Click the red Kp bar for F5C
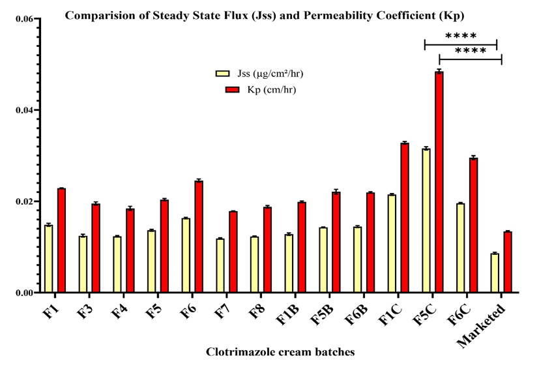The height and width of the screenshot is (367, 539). pos(439,182)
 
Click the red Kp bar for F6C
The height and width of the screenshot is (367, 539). pos(474,225)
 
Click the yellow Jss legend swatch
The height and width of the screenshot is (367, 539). pos(224,73)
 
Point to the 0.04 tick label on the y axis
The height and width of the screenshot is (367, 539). pos(24,110)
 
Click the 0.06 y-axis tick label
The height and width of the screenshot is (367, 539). pos(24,19)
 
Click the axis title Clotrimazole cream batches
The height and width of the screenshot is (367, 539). pos(280,353)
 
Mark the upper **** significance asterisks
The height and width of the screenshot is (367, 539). pos(461,36)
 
